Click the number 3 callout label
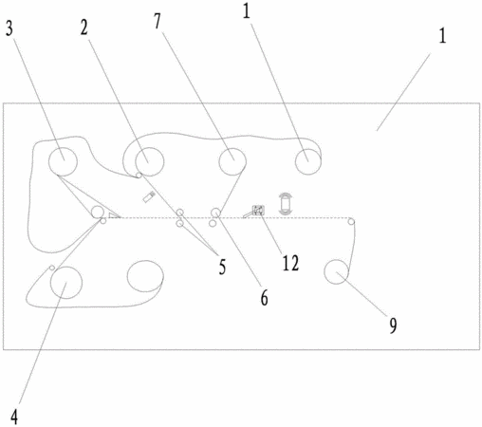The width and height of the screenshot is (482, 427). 9,28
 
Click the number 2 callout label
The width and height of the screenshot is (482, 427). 83,28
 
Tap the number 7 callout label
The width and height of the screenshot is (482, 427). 158,22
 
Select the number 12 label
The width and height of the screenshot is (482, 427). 290,263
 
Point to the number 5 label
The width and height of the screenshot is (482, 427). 223,267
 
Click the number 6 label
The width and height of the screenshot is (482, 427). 265,298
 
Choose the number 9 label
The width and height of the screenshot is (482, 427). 393,325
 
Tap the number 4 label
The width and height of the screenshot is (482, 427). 14,418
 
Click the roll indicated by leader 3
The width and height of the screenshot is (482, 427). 63,161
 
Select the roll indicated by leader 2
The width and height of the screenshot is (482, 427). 150,161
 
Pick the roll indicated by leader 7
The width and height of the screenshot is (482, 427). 232,161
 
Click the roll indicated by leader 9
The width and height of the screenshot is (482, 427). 337,271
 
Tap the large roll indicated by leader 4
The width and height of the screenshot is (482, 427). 66,283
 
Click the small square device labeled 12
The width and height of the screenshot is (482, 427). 258,210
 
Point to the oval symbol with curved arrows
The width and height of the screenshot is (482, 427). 286,204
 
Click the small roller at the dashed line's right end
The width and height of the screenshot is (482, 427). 351,221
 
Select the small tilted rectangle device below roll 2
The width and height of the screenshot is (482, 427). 148,197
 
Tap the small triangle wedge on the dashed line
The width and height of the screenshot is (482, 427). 114,215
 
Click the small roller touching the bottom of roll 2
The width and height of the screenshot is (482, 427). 139,176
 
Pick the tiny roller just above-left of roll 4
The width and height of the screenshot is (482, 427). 52,268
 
